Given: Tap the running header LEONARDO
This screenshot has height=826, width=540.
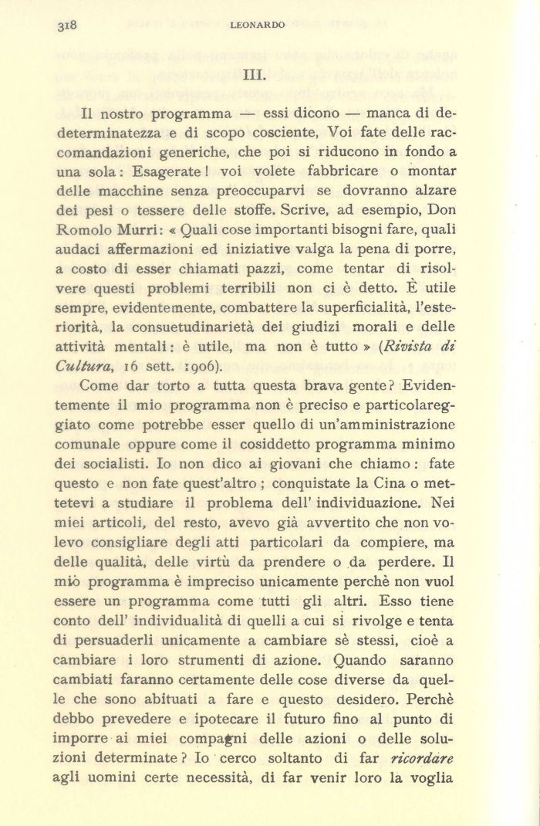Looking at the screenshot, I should pyautogui.click(x=258, y=25).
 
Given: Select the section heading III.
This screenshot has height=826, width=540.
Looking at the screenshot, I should pyautogui.click(x=254, y=75).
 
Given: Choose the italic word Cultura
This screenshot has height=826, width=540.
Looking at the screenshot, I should pyautogui.click(x=77, y=366).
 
